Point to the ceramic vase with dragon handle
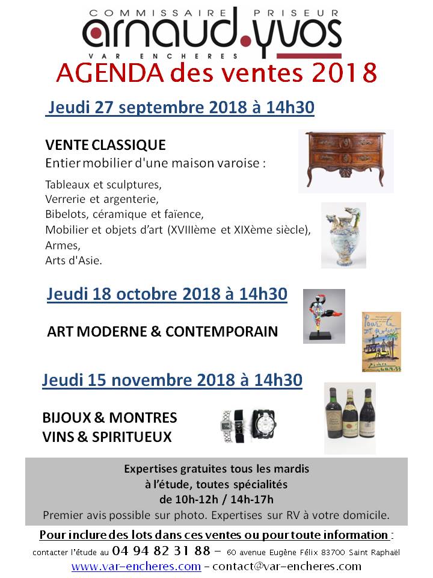tap(343, 235)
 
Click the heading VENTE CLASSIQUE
tap(105, 146)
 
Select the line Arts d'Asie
tap(73, 260)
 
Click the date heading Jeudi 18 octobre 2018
tap(167, 295)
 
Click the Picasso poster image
tap(381, 341)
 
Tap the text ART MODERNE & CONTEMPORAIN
tap(162, 332)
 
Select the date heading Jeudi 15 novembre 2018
tap(172, 381)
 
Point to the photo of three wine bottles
tap(349, 417)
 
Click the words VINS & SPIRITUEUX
tap(107, 437)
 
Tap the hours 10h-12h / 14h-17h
tap(215, 499)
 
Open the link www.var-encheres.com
tap(136, 567)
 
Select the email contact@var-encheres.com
tap(287, 567)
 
